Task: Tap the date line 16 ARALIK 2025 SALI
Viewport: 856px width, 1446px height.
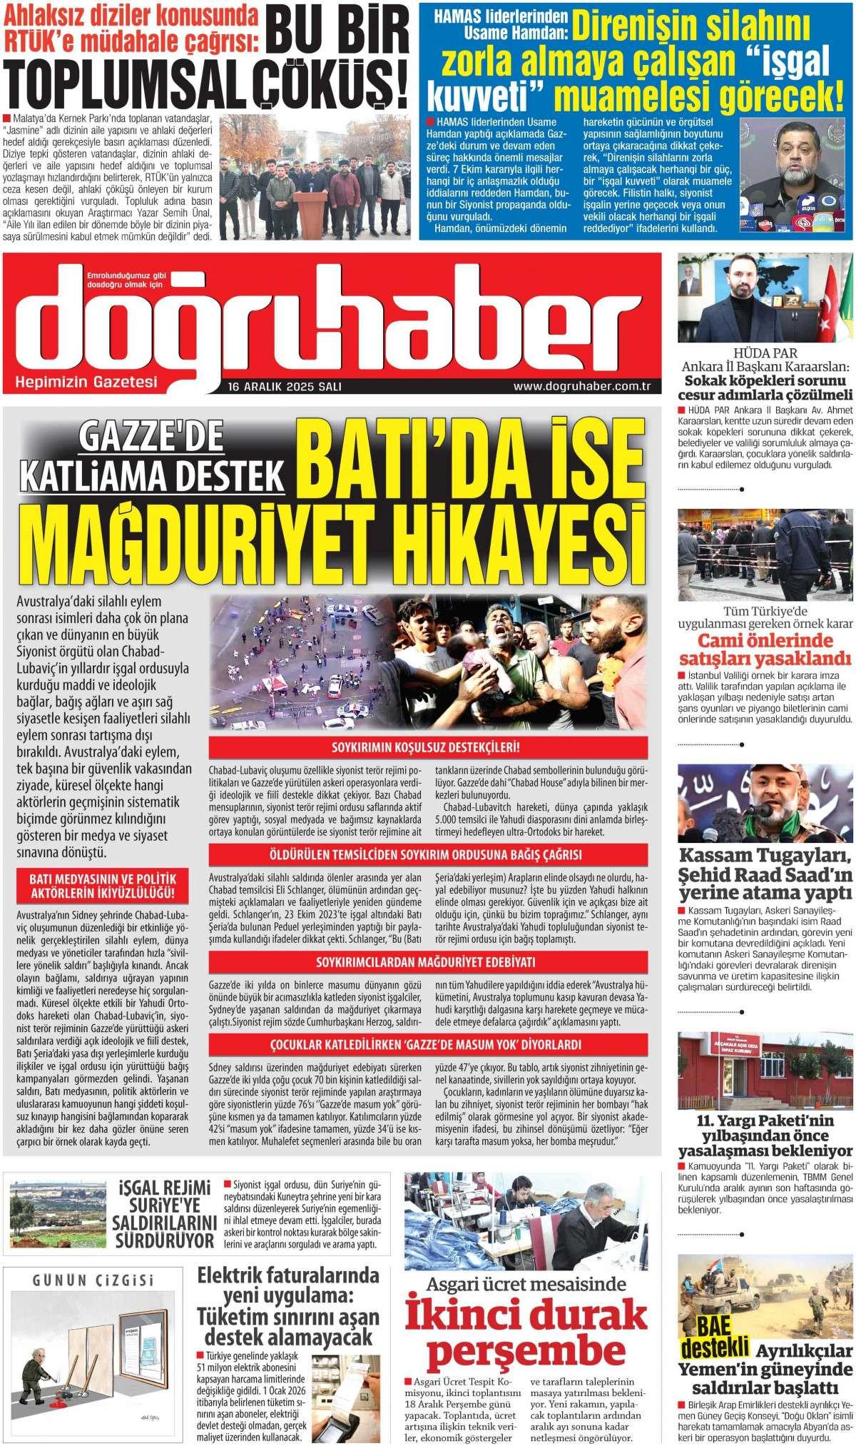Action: click(x=285, y=387)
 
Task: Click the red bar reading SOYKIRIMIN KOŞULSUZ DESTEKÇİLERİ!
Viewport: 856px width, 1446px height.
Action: click(x=429, y=749)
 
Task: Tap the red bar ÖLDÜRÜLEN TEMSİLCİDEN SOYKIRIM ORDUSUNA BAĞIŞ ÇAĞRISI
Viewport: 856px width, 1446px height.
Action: click(x=429, y=855)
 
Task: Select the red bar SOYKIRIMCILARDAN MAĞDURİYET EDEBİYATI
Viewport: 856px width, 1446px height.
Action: click(x=429, y=961)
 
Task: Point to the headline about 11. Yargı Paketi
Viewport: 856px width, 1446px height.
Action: click(x=765, y=1136)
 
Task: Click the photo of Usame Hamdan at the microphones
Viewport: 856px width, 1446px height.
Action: click(x=794, y=174)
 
